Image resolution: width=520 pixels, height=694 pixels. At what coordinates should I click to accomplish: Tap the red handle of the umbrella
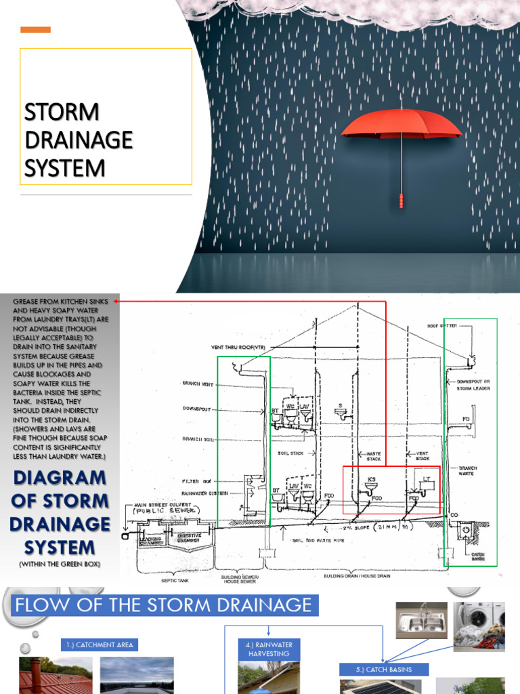[401, 200]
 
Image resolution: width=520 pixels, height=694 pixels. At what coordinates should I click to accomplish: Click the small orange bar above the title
[35, 30]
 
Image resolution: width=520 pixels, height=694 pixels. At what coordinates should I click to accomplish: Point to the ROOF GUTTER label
[442, 326]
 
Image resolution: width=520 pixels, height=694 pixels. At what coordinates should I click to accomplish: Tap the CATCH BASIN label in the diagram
[478, 557]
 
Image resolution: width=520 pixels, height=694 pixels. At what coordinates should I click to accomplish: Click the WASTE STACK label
[373, 456]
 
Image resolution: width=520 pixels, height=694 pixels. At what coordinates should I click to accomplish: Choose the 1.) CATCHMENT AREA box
[100, 645]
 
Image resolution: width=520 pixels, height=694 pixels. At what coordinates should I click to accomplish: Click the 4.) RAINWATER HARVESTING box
[269, 649]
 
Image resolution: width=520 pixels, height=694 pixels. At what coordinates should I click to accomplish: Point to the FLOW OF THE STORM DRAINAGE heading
[163, 605]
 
